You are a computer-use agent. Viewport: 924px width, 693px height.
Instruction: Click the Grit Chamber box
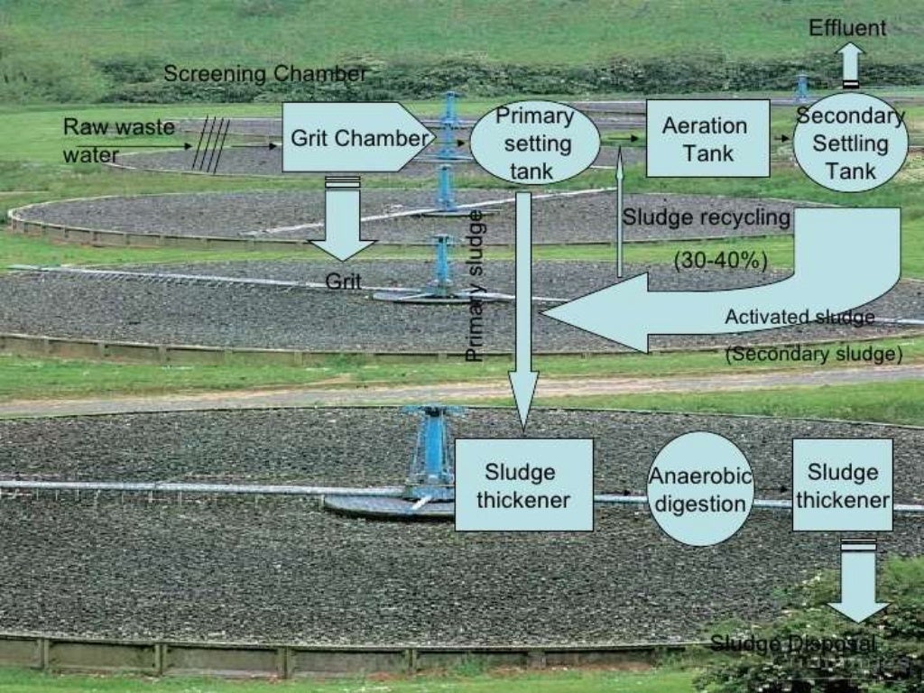(x=356, y=137)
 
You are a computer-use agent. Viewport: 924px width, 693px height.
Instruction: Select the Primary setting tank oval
(x=534, y=143)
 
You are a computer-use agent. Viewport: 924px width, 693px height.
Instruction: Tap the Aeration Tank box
(x=707, y=138)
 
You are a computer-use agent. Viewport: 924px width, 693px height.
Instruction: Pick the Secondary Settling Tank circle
(x=849, y=142)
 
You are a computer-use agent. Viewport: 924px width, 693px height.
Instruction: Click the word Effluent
(x=847, y=28)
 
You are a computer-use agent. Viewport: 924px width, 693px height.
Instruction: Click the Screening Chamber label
(x=265, y=74)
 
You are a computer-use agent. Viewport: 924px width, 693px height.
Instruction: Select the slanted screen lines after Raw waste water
(x=211, y=144)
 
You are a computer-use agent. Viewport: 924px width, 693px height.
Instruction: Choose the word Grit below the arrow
(x=343, y=281)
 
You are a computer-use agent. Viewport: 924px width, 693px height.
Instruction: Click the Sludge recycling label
(x=706, y=217)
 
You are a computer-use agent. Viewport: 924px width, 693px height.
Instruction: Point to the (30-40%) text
(x=720, y=260)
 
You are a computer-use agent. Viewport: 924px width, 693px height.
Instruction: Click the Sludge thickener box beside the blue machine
(x=523, y=485)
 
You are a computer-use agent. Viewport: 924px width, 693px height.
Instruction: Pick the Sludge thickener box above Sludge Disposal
(x=842, y=485)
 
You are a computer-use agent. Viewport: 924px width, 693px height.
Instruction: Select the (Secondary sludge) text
(x=813, y=355)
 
